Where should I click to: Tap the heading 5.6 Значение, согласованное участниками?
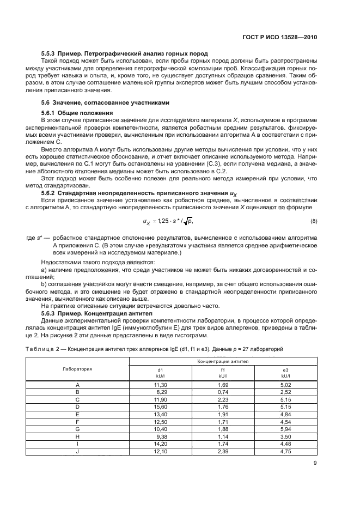pyautogui.click(x=106, y=102)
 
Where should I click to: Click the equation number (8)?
pyautogui.click(x=314, y=221)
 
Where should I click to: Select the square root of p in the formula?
pyautogui.click(x=188, y=221)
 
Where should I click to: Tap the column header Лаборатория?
pyautogui.click(x=77, y=369)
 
